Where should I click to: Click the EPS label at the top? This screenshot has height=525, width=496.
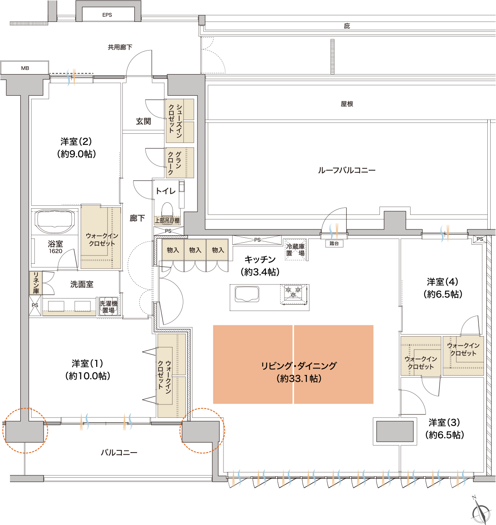[107, 15]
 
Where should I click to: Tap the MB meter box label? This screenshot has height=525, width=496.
[25, 68]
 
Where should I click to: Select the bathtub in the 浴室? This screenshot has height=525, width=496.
[55, 222]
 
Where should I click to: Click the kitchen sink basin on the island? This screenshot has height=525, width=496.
[247, 294]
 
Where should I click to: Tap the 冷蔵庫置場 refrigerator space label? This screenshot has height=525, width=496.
[295, 250]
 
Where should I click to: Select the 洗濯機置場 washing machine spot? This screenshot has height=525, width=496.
[108, 307]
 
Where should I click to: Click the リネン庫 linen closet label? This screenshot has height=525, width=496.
[36, 283]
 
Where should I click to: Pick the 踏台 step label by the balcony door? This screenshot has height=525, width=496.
[334, 243]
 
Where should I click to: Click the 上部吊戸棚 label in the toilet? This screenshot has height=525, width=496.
[168, 220]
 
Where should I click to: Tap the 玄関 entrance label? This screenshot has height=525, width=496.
[143, 121]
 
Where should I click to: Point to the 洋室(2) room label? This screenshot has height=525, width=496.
[76, 142]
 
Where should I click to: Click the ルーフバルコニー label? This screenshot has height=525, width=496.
[347, 170]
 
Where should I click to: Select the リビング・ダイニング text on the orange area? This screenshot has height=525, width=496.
[299, 366]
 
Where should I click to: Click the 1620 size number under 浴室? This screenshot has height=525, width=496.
[56, 251]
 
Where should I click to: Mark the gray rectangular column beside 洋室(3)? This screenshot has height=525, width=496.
[395, 432]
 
